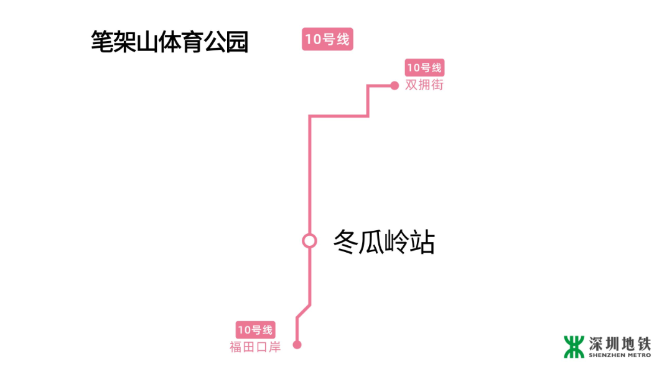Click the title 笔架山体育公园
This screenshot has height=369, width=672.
[169, 42]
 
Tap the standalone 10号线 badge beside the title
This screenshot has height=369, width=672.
[327, 40]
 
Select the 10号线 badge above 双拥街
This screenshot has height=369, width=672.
[424, 68]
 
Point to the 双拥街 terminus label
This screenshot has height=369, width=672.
[424, 85]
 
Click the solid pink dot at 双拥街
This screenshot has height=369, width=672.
[394, 86]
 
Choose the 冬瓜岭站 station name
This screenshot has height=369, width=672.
[384, 241]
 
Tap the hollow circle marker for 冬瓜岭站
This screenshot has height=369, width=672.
[309, 241]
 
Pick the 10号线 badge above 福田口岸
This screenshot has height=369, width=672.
[255, 330]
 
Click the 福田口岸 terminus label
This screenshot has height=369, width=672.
[255, 347]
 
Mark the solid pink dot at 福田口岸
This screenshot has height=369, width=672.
[297, 345]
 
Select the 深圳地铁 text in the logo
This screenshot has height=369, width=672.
[620, 343]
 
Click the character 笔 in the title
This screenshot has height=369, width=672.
[101, 42]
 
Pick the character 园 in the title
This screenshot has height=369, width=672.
[237, 42]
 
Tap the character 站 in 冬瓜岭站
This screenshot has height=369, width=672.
[422, 241]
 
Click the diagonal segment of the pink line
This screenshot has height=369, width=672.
[303, 312]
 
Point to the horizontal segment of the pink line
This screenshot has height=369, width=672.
[339, 116]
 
